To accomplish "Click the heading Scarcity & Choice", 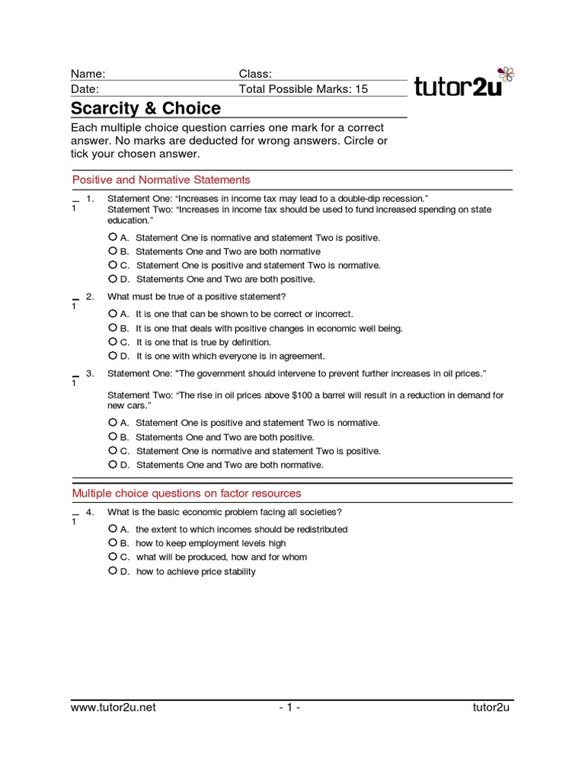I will [x=145, y=108].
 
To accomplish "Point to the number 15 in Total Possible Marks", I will [x=360, y=89].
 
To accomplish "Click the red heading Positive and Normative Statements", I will [x=161, y=180].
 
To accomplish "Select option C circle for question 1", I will [x=113, y=265].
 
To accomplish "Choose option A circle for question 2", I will [x=113, y=313].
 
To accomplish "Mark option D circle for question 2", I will [x=113, y=355].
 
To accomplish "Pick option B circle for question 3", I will [x=113, y=436].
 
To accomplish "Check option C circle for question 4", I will [x=113, y=557].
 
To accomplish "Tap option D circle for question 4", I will [x=113, y=571].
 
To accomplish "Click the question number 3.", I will [x=90, y=373].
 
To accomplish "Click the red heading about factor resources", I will [x=187, y=493].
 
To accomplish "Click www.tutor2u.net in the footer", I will [x=113, y=708].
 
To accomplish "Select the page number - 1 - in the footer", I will [x=289, y=708].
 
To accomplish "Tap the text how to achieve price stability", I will [x=196, y=571].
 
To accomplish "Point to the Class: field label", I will [x=255, y=74].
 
